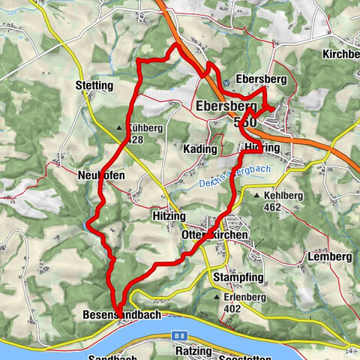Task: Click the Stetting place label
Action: [94, 86]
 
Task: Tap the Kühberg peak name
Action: [145, 128]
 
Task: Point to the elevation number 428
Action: [135, 139]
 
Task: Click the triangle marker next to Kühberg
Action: [121, 128]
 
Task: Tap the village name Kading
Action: [200, 149]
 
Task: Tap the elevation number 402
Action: [233, 307]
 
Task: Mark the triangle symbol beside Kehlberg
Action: [256, 195]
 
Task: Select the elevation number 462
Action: [271, 206]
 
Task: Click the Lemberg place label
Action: [329, 256]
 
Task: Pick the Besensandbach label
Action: [119, 316]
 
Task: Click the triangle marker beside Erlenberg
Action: [217, 297]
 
